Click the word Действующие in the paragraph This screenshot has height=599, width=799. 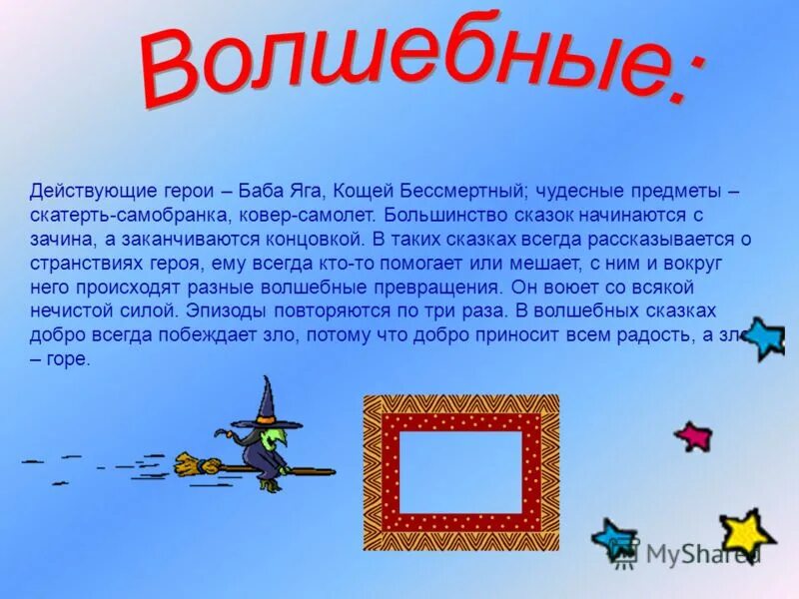click(79, 190)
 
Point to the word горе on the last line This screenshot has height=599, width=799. click(69, 359)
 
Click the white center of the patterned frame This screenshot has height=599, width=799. click(461, 472)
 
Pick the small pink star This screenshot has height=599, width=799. click(692, 435)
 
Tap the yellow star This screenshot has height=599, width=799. click(745, 533)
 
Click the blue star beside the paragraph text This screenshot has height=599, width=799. click(764, 339)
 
